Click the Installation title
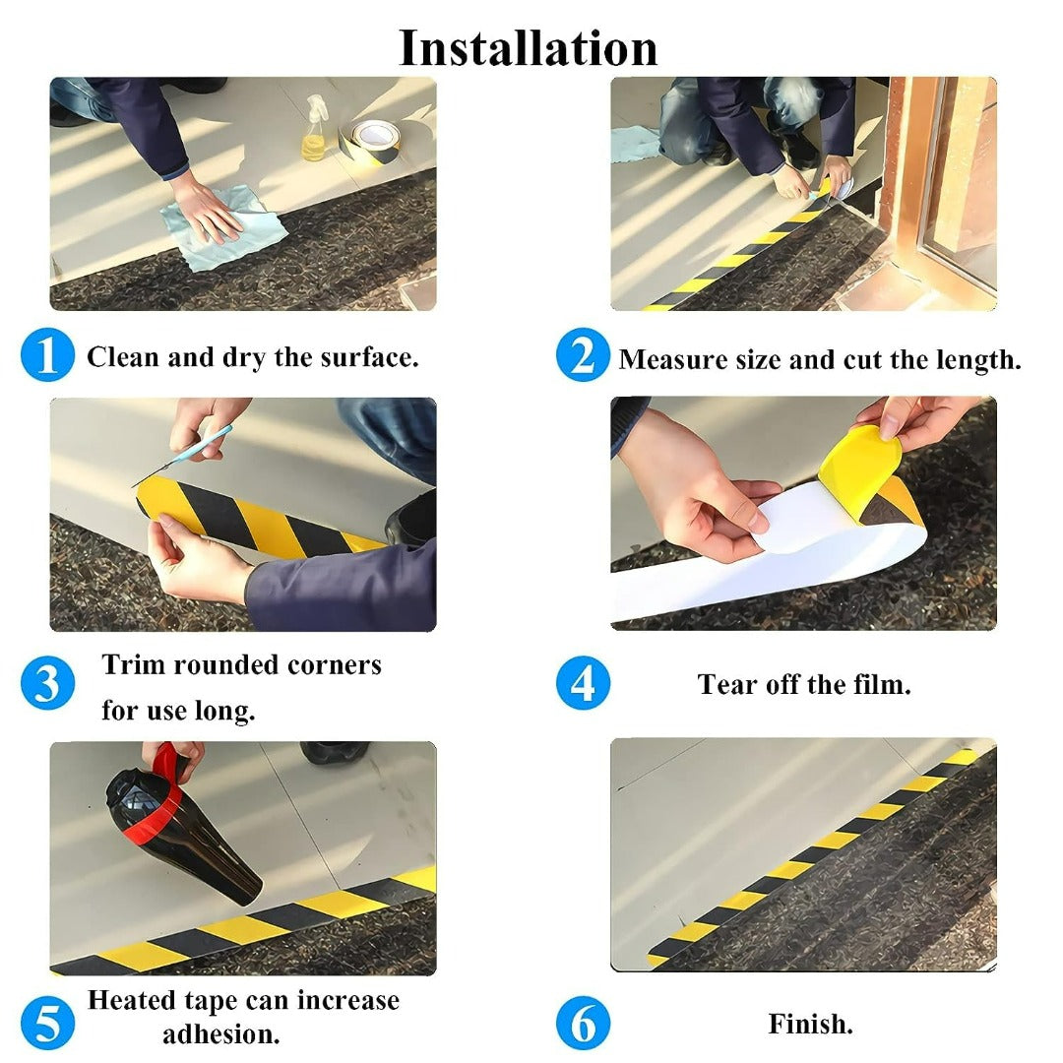528,47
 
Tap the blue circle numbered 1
47,355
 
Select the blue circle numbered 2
583,355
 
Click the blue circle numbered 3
47,683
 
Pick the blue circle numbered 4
583,683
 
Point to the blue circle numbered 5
47,1024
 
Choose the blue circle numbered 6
583,1024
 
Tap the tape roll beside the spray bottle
372,138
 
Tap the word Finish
810,1024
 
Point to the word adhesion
220,1034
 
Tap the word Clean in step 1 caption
123,356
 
